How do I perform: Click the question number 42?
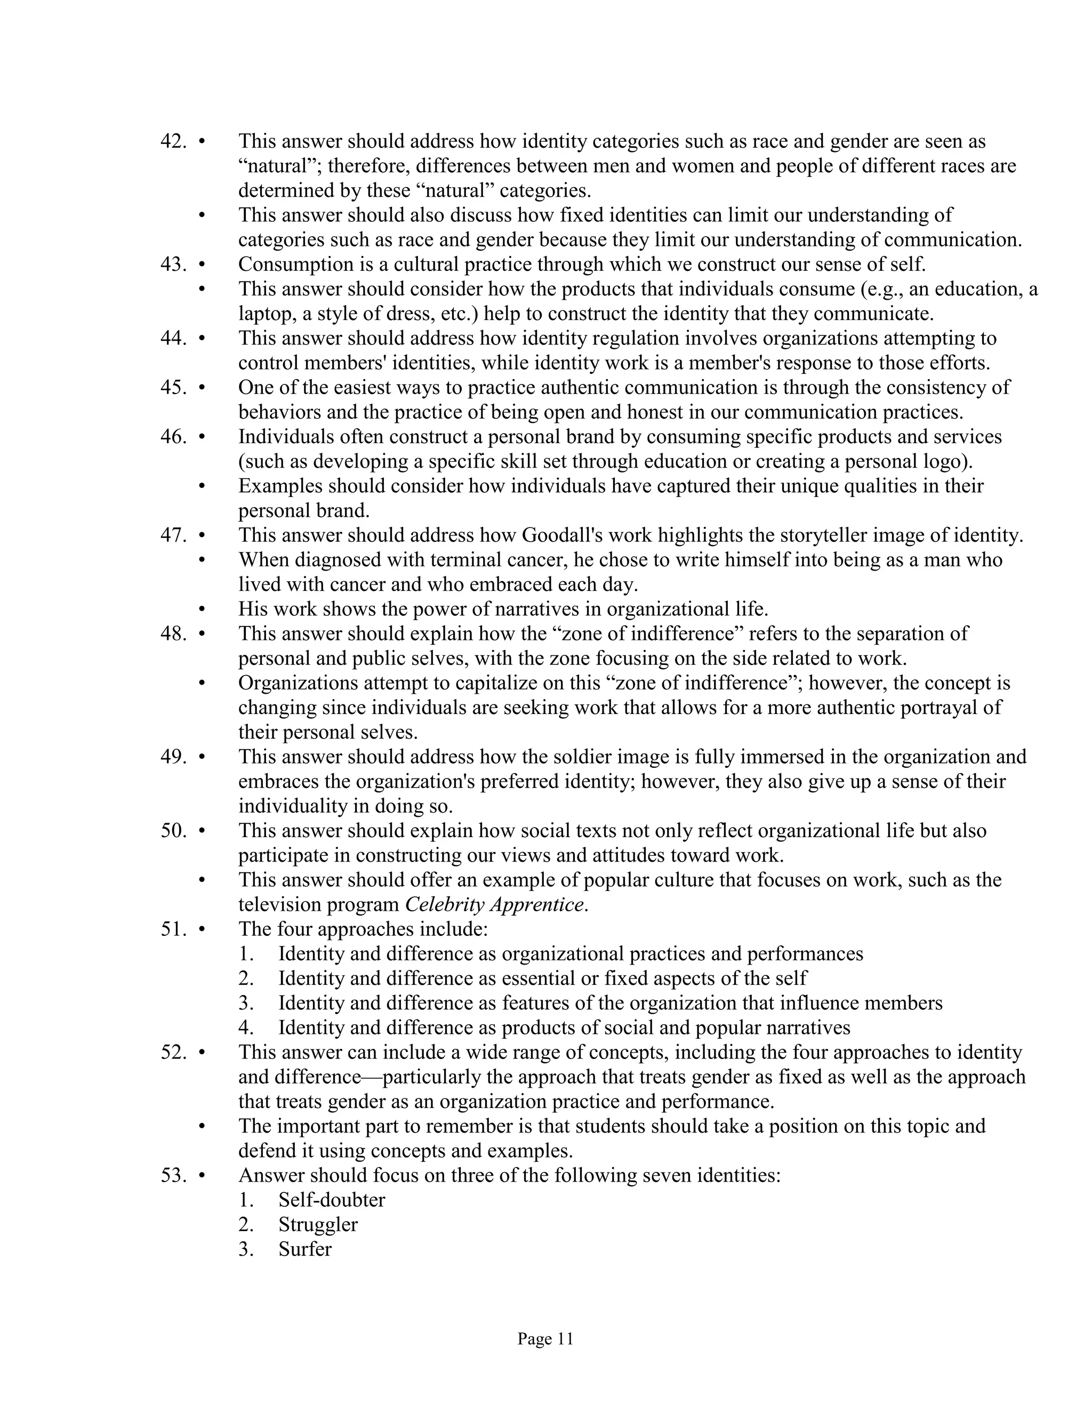click(173, 141)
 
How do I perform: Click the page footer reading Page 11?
click(545, 1338)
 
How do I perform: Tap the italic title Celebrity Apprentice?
click(495, 904)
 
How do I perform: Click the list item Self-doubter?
click(331, 1200)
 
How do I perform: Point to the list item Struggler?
click(318, 1225)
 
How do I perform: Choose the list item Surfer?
click(304, 1249)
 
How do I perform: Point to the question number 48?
click(173, 633)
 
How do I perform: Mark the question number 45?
click(173, 388)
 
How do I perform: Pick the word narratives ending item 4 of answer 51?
click(807, 1028)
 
